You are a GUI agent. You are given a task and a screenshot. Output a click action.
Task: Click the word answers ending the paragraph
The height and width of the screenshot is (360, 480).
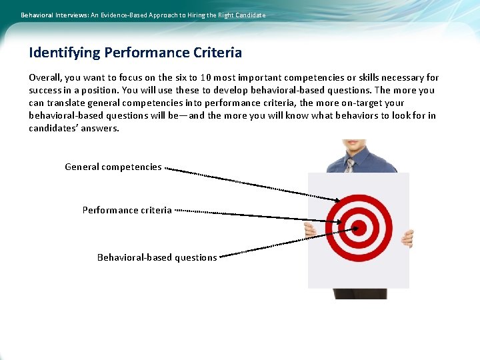[x=102, y=128]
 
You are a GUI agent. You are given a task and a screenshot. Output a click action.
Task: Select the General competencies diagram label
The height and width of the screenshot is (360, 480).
[x=113, y=167]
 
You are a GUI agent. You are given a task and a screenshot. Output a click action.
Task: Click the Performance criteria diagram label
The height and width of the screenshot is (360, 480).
[x=127, y=210]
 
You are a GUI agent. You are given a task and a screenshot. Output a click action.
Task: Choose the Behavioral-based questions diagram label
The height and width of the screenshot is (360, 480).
[x=157, y=257]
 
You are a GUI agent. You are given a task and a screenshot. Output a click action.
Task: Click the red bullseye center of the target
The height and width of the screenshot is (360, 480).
[x=359, y=228]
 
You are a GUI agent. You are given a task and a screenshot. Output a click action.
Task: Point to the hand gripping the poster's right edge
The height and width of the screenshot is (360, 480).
[x=407, y=237]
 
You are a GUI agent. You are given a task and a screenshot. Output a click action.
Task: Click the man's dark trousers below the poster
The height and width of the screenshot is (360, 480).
[x=359, y=293]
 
